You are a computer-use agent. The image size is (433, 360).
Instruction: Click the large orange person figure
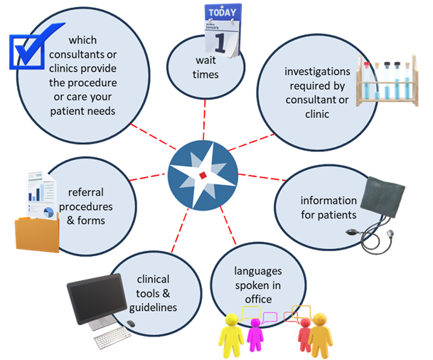(x=320, y=334)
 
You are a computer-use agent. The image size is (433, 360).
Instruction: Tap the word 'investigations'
(x=317, y=72)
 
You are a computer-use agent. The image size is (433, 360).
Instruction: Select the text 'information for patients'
(x=328, y=207)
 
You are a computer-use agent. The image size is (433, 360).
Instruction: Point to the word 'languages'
(x=258, y=271)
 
